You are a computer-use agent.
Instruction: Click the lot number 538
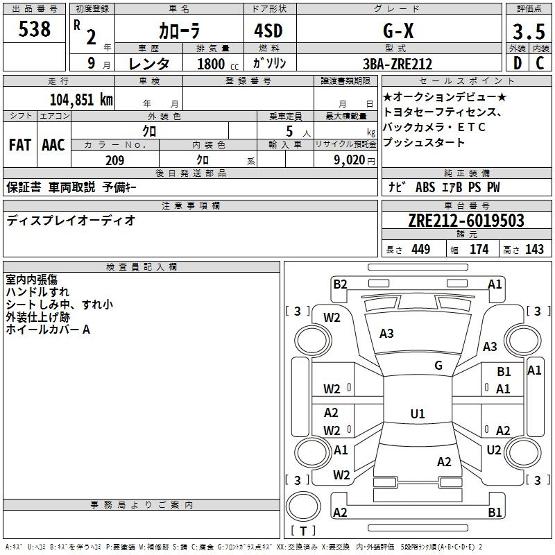pos(34,29)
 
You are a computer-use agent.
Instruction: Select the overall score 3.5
pos(529,32)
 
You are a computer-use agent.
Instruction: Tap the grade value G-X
pos(398,31)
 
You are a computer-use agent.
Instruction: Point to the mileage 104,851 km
pos(81,100)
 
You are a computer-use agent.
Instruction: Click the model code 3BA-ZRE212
pos(398,64)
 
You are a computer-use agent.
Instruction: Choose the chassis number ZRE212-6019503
pos(466,221)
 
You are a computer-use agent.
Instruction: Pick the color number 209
pos(114,160)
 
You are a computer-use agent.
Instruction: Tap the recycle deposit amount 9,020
pos(350,160)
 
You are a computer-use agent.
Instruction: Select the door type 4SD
pos(268,31)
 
